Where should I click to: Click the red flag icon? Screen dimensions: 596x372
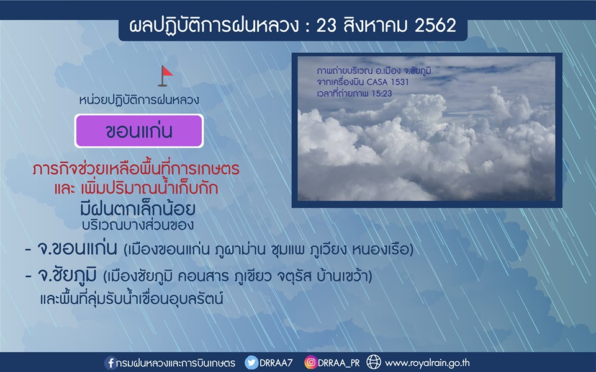[165, 76]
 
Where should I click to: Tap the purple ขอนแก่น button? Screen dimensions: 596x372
[139, 131]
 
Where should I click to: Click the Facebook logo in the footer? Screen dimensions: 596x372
[111, 363]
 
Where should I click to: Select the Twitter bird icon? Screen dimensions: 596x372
[251, 363]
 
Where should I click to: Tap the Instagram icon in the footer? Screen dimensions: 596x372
[310, 363]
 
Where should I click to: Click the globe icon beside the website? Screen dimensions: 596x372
[374, 362]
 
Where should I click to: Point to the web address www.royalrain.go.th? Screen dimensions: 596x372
[427, 363]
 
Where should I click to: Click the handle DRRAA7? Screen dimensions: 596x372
[276, 363]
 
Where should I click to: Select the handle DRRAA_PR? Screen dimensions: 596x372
[339, 363]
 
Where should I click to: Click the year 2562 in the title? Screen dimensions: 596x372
[435, 26]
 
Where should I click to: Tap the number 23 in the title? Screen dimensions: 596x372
[326, 26]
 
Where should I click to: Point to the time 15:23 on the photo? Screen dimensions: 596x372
[381, 94]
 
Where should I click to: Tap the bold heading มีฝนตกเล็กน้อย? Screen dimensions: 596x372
[138, 209]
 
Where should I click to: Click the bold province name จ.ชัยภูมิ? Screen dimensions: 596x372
[67, 275]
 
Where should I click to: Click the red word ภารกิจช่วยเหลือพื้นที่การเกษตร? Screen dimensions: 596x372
[136, 169]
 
